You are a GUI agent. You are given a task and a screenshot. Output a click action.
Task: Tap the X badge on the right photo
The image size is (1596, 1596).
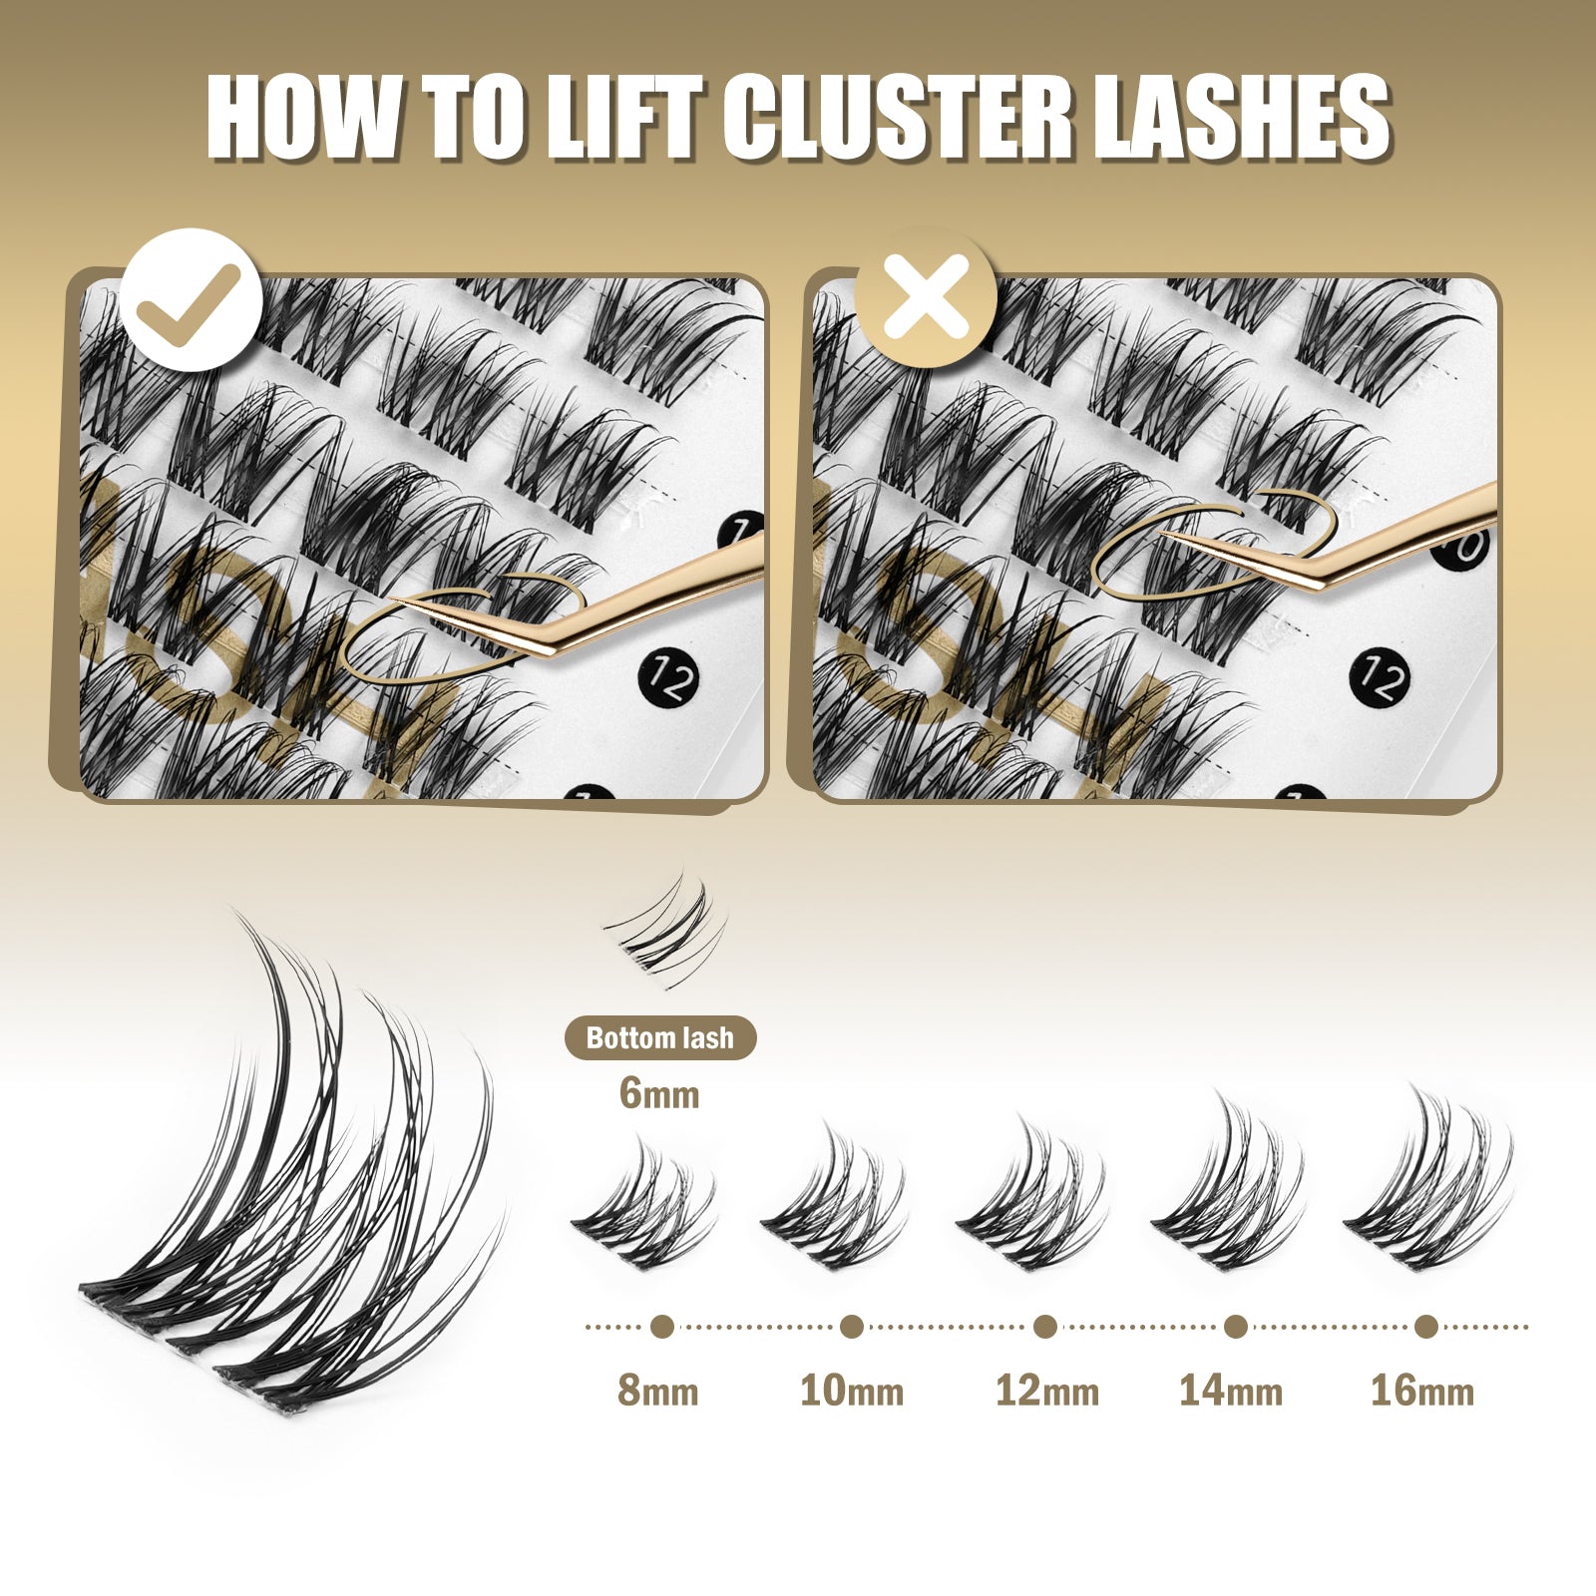click(926, 296)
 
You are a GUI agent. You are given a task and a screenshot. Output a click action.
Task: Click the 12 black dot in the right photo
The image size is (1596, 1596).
click(1380, 679)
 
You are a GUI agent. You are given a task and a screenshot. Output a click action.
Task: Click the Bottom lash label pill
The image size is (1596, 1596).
click(660, 1038)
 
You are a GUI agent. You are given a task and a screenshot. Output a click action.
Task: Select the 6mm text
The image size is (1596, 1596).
click(659, 1094)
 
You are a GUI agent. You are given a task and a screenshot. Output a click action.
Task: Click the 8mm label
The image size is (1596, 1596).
click(658, 1390)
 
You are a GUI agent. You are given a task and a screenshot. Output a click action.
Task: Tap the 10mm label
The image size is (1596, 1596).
click(852, 1390)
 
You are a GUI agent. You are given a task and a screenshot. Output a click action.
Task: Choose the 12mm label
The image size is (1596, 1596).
click(1047, 1390)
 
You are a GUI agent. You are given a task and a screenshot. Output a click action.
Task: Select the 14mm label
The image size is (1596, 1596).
click(1231, 1390)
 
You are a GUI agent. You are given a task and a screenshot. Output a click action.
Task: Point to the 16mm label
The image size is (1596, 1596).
click(1422, 1390)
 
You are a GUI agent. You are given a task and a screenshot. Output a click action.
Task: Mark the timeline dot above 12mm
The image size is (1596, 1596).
click(1045, 1327)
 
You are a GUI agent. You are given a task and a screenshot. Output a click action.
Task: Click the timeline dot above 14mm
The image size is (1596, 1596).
click(1236, 1327)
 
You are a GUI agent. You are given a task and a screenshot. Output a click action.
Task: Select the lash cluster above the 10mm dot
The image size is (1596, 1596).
click(835, 1197)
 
